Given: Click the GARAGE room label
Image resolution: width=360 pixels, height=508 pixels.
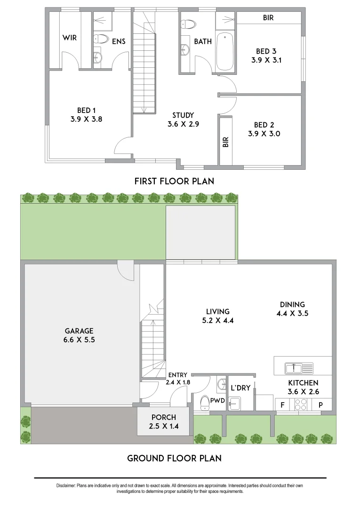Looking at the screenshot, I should (x=79, y=331).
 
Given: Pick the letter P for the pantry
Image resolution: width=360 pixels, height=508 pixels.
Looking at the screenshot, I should (x=320, y=405).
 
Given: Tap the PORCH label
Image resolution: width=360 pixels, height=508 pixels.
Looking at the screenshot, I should (x=164, y=417).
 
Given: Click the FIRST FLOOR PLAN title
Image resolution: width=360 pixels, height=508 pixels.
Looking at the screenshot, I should (x=174, y=181).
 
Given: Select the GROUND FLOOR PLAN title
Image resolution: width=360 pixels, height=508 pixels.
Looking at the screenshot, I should (x=174, y=458).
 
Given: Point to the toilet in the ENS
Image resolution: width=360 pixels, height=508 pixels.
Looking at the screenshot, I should (x=100, y=39).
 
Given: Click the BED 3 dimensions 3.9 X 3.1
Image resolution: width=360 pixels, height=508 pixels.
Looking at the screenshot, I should (x=269, y=60).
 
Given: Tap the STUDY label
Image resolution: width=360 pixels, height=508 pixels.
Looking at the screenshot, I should (x=183, y=115).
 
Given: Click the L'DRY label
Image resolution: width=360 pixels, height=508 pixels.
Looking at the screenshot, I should (x=240, y=388).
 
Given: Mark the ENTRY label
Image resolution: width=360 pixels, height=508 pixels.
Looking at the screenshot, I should (x=177, y=375).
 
